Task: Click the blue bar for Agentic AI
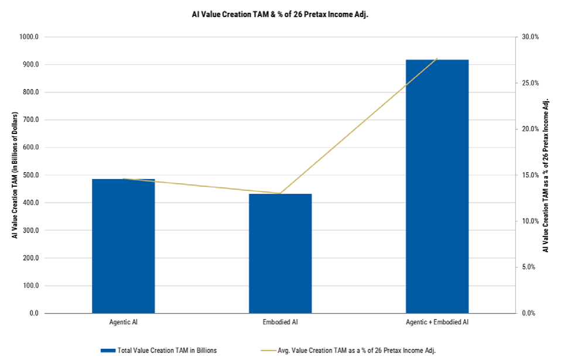pyautogui.click(x=124, y=246)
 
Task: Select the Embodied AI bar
pyautogui.click(x=280, y=253)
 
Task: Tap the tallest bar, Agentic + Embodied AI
pyautogui.click(x=437, y=186)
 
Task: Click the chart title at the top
pyautogui.click(x=280, y=15)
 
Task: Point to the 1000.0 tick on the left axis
pyautogui.click(x=29, y=37)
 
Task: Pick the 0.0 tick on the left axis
pyautogui.click(x=35, y=313)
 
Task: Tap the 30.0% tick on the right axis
pyautogui.click(x=530, y=37)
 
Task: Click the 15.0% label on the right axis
pyautogui.click(x=530, y=175)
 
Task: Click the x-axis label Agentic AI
pyautogui.click(x=124, y=322)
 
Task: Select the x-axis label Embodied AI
pyautogui.click(x=280, y=322)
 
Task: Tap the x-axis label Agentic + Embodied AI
pyautogui.click(x=437, y=322)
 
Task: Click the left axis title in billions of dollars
pyautogui.click(x=15, y=175)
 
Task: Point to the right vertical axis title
pyautogui.click(x=546, y=175)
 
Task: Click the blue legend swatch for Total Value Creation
pyautogui.click(x=108, y=351)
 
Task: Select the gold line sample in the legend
pyautogui.click(x=268, y=351)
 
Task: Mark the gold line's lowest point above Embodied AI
pyautogui.click(x=280, y=193)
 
